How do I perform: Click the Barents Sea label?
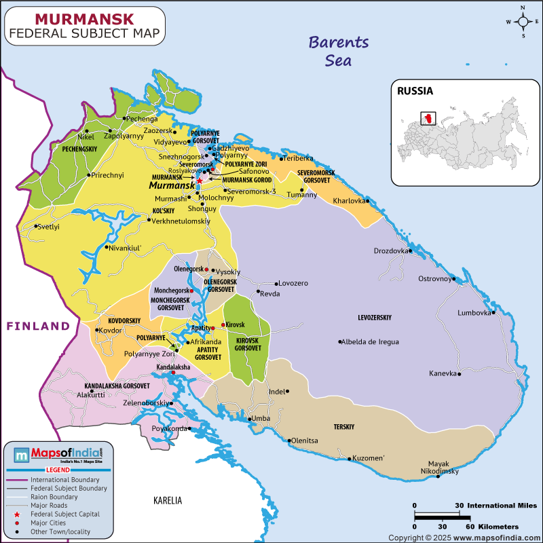[x=339, y=51]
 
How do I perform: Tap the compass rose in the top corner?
[x=523, y=22]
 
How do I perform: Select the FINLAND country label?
[x=39, y=326]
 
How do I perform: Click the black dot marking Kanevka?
[x=460, y=373]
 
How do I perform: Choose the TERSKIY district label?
[x=344, y=428]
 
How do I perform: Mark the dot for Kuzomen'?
[x=350, y=459]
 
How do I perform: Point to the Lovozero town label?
[x=294, y=283]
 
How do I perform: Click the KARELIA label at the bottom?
[x=168, y=501]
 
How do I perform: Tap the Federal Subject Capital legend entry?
[x=65, y=514]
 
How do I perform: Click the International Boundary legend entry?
[x=64, y=479]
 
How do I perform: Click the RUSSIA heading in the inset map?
[x=415, y=90]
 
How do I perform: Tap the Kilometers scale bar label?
[x=493, y=527]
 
